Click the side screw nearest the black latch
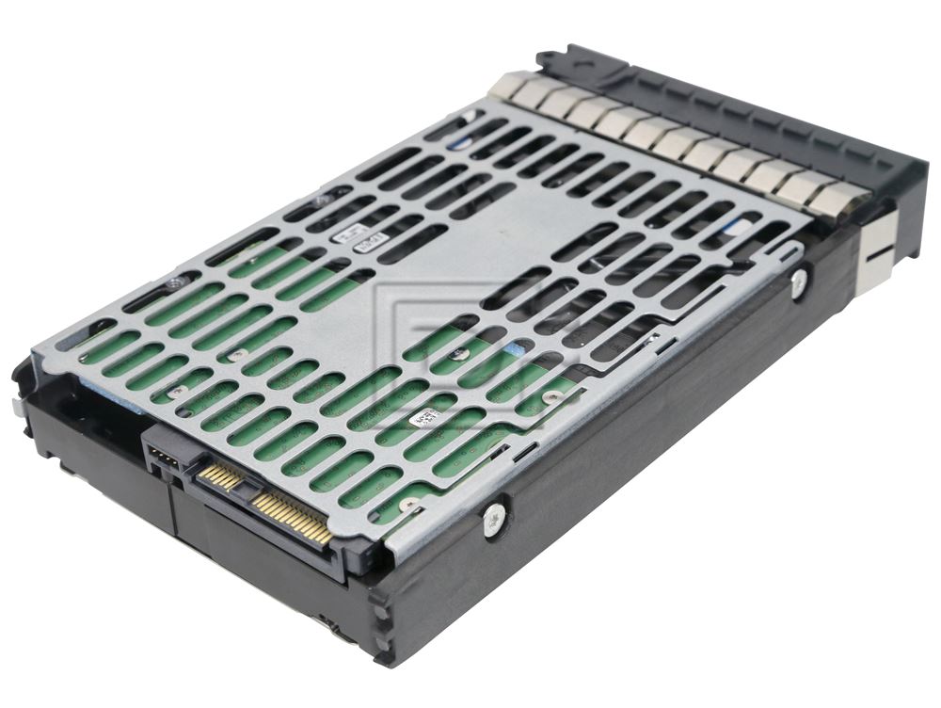click(x=799, y=281)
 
